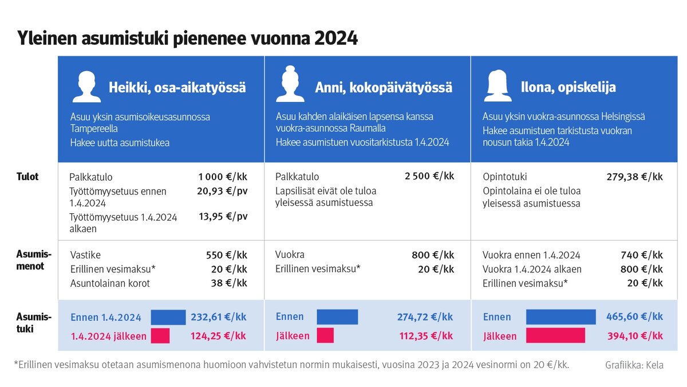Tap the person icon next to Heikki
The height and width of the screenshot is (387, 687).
[86, 87]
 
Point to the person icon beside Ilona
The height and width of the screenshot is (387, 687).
[498, 86]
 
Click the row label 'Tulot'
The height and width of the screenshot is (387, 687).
[27, 177]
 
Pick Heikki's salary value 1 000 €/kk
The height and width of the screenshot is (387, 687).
[223, 177]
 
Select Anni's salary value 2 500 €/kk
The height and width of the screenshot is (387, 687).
[429, 176]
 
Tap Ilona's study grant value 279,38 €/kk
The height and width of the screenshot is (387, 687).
[634, 177]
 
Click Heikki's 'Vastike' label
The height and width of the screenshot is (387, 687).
[85, 255]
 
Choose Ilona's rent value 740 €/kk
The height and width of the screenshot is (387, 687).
[641, 255]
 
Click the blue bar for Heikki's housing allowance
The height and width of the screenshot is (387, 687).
[168, 317]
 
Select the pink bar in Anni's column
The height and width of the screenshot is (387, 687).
[325, 335]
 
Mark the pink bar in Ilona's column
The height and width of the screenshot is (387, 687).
[555, 335]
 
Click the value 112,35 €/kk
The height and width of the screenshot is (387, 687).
[426, 336]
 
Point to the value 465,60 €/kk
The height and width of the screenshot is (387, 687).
[634, 316]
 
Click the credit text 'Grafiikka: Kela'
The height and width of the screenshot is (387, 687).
[634, 365]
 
